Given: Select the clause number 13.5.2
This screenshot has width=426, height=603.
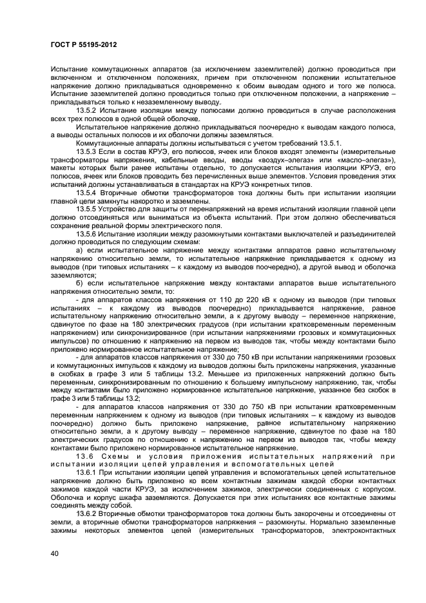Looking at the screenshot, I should [87, 110].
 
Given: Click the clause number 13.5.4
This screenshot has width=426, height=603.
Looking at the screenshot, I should [87, 193].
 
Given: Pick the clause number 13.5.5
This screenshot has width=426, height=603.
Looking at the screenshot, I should [87, 209].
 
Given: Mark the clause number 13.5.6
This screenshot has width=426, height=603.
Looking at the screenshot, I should [87, 235].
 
